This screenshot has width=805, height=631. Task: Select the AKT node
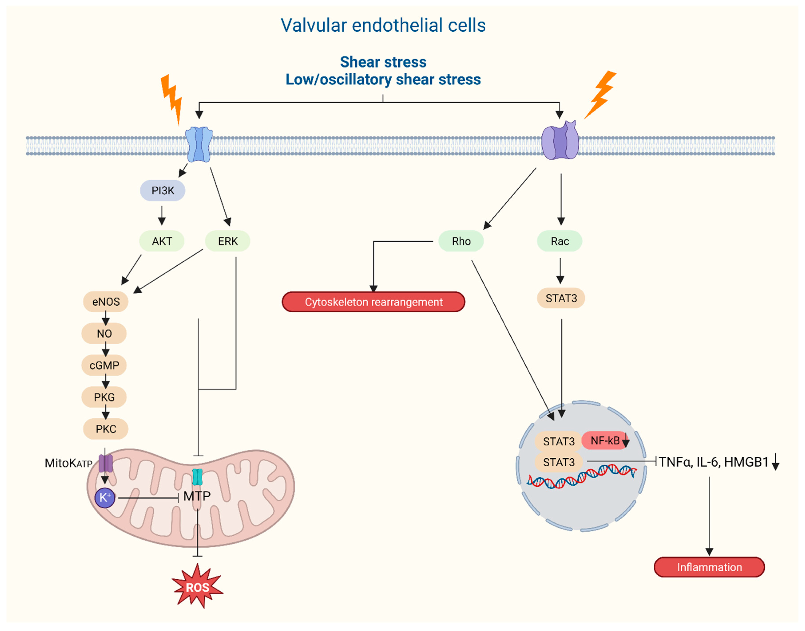[x=162, y=241]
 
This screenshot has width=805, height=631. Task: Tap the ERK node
[x=227, y=241]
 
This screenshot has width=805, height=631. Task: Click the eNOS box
[x=106, y=302]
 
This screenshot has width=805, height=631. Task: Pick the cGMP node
[x=104, y=365]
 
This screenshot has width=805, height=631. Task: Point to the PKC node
[x=106, y=429]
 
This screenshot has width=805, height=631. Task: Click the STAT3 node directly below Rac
[x=561, y=298]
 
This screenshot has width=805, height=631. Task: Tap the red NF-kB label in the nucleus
[x=605, y=440]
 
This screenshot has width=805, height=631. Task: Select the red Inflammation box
[x=709, y=567]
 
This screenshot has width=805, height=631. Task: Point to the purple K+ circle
[x=105, y=498]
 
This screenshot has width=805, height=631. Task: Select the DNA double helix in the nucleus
[x=581, y=476]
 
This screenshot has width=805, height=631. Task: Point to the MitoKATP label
[x=68, y=463]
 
